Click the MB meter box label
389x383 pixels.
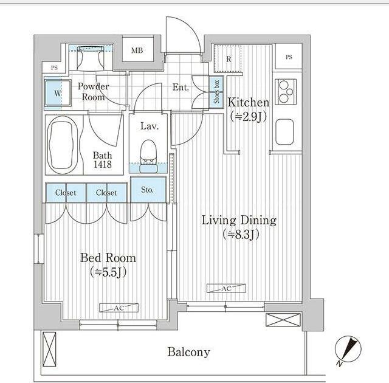coord(137,50)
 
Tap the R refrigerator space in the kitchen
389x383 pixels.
coord(228,59)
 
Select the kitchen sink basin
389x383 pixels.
coord(284,132)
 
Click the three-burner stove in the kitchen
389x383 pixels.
coord(286,92)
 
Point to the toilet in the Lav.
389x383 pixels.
coord(149,156)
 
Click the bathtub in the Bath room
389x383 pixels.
coord(63,145)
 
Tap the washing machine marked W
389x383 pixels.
coord(58,93)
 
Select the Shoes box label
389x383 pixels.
coord(216,92)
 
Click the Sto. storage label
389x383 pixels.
coord(147,190)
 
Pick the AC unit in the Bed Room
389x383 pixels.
coord(119,308)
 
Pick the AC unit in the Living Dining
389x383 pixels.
coord(226,289)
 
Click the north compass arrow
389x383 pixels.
coord(348,348)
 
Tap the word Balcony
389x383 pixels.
coord(188,352)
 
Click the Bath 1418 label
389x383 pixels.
coord(102,160)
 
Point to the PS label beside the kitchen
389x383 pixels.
coord(289,57)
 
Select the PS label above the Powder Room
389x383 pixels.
coord(54,67)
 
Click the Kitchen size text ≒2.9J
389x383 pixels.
coord(249,116)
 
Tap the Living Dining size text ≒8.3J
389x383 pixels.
coord(241,235)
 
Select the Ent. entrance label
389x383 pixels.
coord(181,87)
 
